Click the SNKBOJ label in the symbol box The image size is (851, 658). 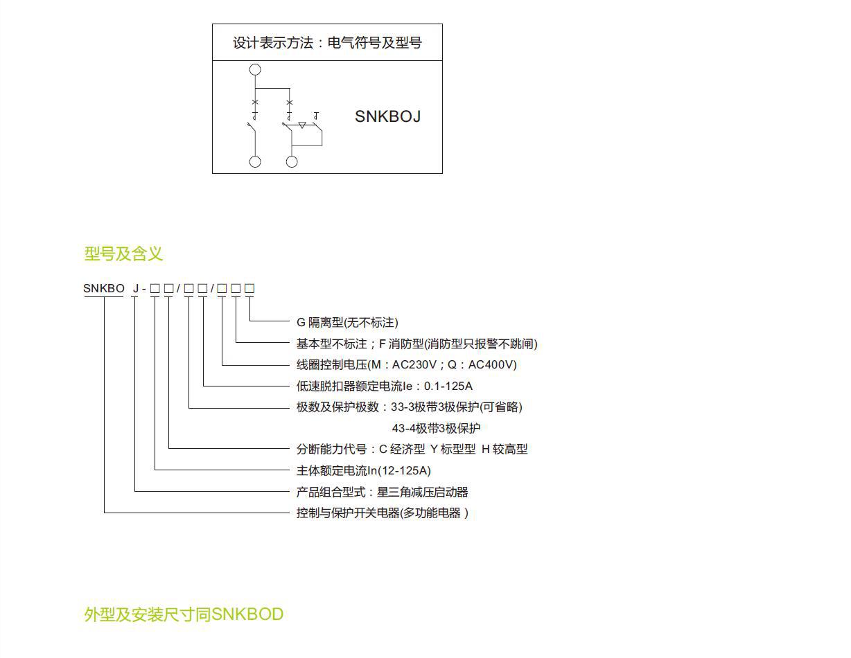[387, 116]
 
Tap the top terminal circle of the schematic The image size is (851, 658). [255, 69]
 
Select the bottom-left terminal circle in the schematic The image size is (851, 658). [255, 161]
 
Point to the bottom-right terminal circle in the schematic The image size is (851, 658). [292, 161]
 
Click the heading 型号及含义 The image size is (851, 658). [123, 254]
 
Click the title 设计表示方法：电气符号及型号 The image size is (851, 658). [327, 43]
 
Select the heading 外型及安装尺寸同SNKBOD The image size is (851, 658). [184, 614]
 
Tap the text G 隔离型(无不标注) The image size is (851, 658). [347, 322]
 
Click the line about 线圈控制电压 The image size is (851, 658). [406, 364]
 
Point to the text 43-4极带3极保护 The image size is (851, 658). [436, 428]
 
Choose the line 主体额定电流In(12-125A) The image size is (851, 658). [363, 471]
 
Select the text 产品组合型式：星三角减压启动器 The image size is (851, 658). [382, 492]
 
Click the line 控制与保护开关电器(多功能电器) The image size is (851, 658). [382, 513]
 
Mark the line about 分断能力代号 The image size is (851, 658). [412, 450]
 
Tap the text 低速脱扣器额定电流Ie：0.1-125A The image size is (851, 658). [384, 386]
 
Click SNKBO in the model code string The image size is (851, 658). [104, 288]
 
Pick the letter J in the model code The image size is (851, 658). [135, 288]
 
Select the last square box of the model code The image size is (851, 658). [249, 288]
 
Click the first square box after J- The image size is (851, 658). [155, 288]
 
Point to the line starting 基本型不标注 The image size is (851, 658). [416, 344]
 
